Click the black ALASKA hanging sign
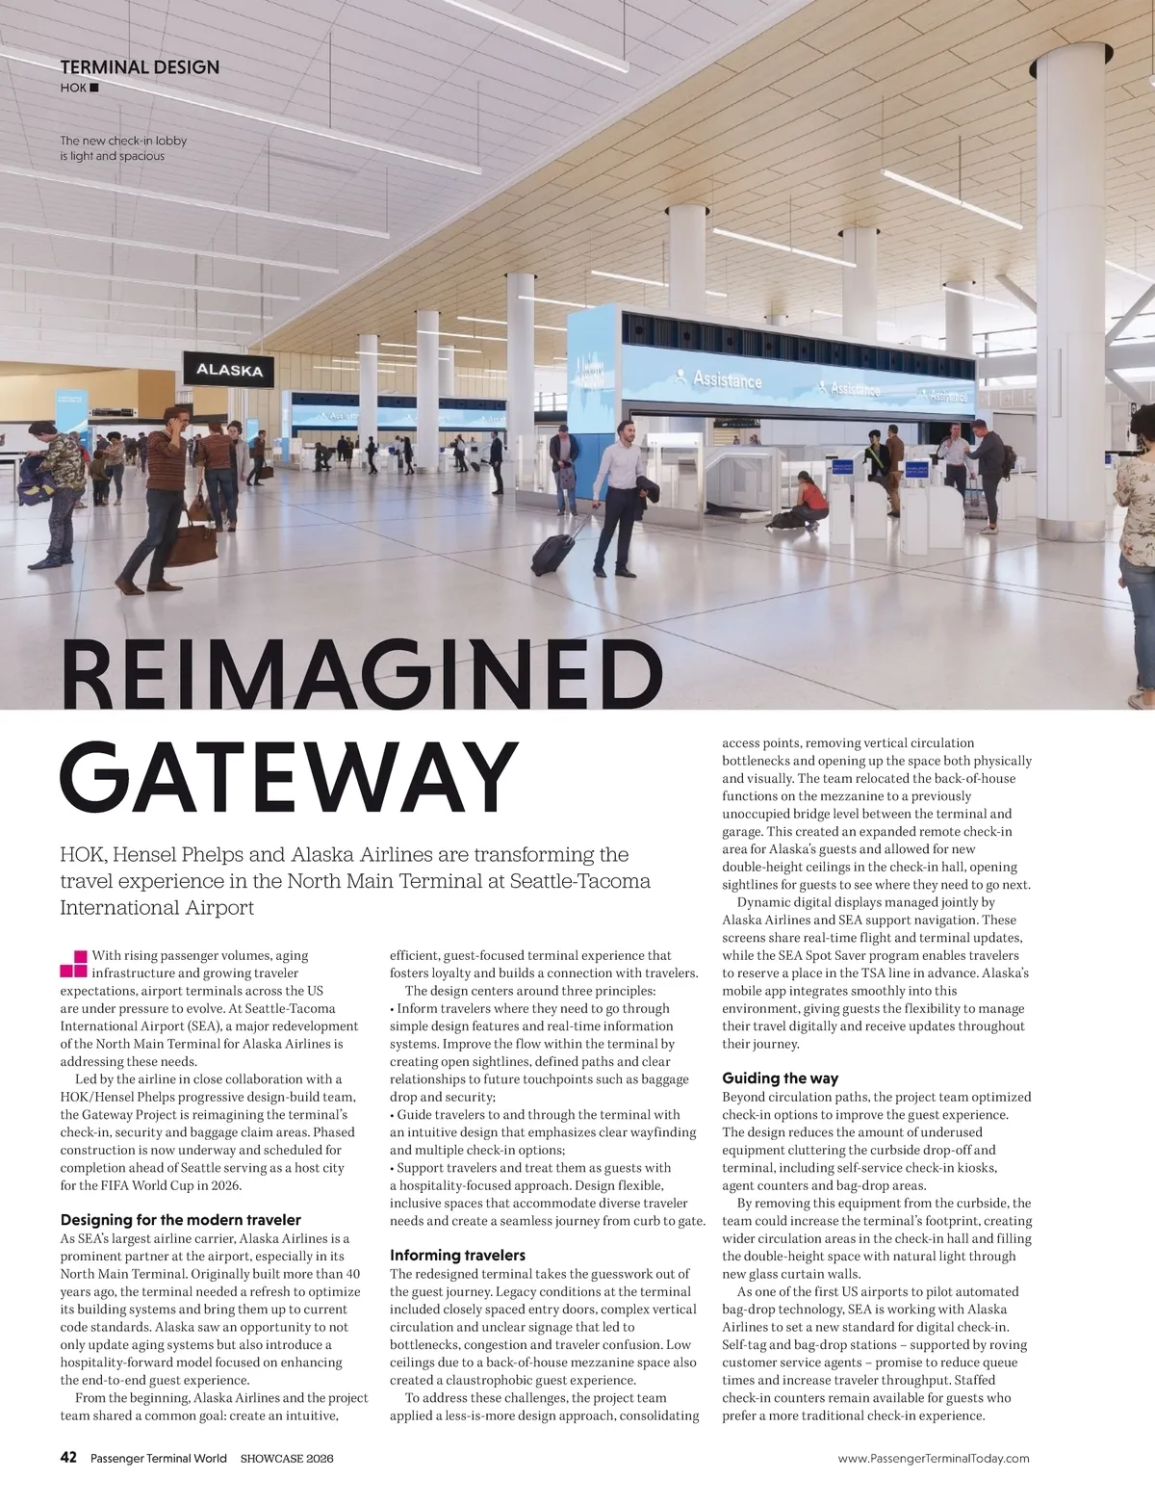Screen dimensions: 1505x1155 229,370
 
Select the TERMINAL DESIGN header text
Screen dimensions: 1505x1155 140,67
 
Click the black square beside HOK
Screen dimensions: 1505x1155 93,89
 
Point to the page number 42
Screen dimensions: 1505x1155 68,1458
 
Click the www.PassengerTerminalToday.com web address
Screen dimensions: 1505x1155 934,1459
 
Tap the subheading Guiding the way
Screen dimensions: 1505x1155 780,1078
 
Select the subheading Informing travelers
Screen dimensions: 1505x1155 457,1255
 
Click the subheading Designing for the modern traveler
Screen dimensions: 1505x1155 181,1220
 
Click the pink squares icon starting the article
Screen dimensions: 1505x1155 73,963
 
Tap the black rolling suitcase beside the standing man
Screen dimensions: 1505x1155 555,549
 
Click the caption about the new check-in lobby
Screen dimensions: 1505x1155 123,148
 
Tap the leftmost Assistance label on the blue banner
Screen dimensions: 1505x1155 727,380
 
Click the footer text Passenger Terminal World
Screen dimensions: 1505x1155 158,1459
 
